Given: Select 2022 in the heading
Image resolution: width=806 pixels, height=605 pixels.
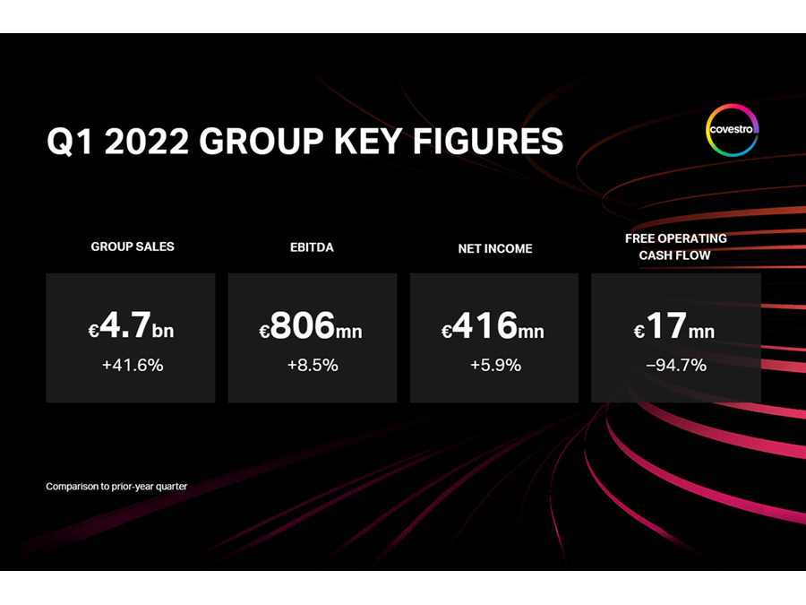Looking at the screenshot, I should coord(143,143).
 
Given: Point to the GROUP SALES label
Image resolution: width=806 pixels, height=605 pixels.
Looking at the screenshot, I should coord(133,246).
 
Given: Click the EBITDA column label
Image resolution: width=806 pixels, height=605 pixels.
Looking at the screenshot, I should coord(313,246).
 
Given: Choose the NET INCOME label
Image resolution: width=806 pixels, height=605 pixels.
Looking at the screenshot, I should coord(494,248).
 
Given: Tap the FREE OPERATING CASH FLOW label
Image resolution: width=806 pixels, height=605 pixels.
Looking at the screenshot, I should coord(676,246).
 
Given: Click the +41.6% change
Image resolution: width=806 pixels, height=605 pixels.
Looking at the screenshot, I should coord(131,365).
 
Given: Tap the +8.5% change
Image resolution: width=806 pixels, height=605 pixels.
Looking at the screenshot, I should coord(312,365).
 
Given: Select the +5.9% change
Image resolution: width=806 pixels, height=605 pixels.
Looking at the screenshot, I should coord(493,365).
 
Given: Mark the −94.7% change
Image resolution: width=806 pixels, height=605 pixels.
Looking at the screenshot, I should coord(675,365).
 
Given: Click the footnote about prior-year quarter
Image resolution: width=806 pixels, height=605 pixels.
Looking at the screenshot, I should coord(116,487).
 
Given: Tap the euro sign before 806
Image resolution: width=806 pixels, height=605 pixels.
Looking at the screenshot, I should coord(264,333).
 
